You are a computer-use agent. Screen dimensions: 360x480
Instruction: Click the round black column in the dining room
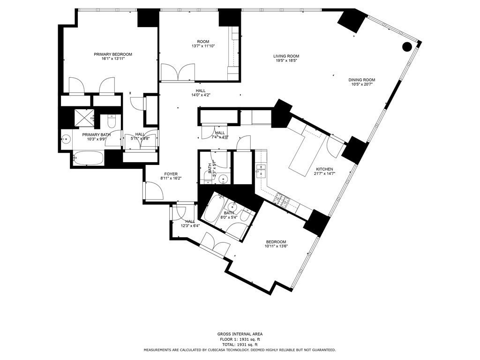(x=407, y=46)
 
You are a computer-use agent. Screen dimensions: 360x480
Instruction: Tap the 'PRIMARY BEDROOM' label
(x=113, y=54)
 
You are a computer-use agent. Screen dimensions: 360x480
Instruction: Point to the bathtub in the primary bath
(x=89, y=158)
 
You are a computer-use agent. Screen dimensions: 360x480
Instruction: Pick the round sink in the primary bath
(x=66, y=139)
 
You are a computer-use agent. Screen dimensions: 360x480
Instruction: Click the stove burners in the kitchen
(x=282, y=200)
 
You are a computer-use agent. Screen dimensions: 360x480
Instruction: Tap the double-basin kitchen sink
(x=261, y=170)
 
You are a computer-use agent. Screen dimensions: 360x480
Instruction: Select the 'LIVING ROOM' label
(x=286, y=56)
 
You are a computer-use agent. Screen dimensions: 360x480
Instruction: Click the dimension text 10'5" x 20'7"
(x=361, y=84)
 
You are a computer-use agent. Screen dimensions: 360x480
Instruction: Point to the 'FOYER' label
(x=171, y=174)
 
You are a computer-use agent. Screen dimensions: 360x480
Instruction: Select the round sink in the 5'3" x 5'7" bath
(x=224, y=179)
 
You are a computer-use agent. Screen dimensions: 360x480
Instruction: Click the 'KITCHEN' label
(x=324, y=169)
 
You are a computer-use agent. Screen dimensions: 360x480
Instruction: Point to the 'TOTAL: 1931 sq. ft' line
(x=239, y=345)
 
